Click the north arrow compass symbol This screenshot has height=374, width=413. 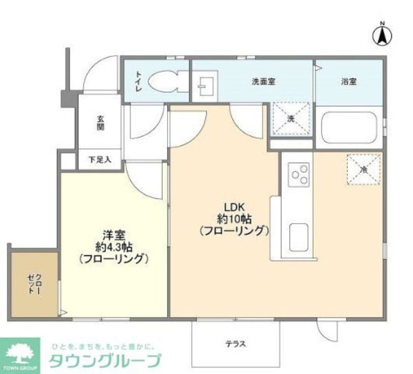383,32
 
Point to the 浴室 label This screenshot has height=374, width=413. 349,81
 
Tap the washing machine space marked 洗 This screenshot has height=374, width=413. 289,118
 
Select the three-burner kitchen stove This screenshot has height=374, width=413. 299,174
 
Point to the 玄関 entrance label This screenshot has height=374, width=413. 100,123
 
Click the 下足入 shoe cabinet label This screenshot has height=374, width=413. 100,160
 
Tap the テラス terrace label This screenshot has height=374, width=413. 235,344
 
